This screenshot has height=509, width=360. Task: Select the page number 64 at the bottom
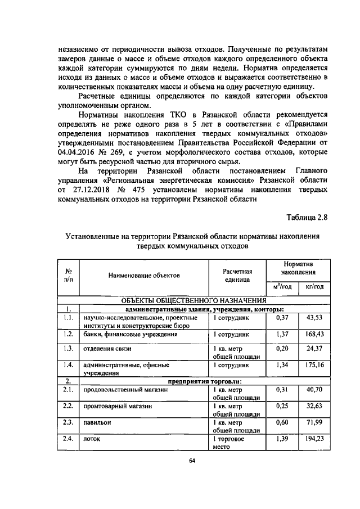coord(192,476)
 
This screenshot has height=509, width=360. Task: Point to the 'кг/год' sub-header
coord(314,287)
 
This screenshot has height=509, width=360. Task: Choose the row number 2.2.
coord(69,405)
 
